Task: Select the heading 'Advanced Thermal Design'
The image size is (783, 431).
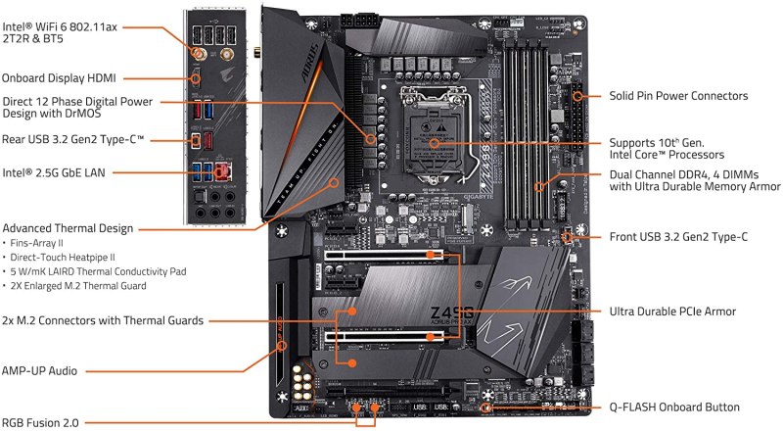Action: [68, 228]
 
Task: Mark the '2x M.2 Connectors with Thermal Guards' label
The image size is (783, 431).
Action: [103, 319]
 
